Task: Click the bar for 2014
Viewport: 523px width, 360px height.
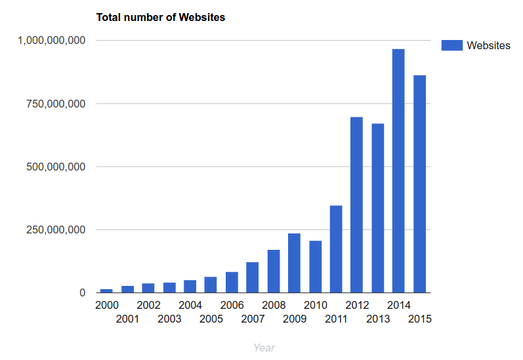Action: (398, 170)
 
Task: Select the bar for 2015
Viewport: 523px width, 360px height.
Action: (419, 184)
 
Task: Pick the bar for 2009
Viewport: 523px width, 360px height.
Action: (294, 263)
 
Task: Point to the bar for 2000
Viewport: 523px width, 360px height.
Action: (106, 290)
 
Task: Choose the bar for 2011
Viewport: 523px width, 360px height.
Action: (336, 249)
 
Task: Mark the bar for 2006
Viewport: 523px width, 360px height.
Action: (232, 282)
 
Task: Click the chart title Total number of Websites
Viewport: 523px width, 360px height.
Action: (161, 18)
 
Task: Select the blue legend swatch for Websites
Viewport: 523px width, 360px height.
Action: (451, 45)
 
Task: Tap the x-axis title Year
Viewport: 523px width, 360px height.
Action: (264, 348)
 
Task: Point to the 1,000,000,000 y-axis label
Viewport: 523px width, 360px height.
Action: (52, 41)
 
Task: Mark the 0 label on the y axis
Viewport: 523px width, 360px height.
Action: (82, 293)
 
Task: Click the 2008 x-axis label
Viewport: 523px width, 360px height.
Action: (274, 305)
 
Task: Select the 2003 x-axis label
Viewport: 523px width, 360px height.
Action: (169, 319)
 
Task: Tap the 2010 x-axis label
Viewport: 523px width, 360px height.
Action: (315, 305)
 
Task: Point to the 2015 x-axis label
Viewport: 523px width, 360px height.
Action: (419, 319)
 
